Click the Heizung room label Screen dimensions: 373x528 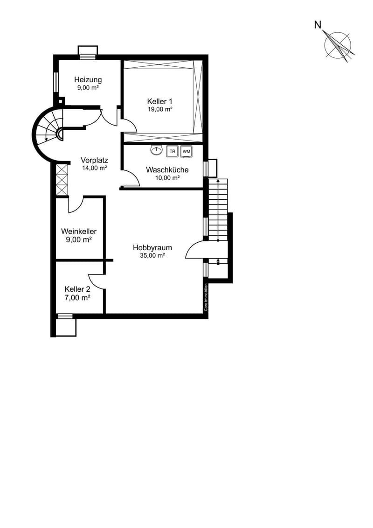pos(88,80)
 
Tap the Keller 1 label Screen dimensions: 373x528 pos(160,101)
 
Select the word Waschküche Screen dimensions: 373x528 pos(167,170)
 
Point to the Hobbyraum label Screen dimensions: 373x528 pos(152,247)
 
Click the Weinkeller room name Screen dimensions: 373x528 pos(79,232)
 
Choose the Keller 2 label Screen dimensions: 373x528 pos(77,289)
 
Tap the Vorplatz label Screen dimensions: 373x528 pos(95,160)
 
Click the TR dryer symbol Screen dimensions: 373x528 pos(173,151)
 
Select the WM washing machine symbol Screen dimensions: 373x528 pos(186,151)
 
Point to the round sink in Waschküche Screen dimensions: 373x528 pos(156,150)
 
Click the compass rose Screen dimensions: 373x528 pos(338,45)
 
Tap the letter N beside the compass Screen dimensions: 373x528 pos(318,25)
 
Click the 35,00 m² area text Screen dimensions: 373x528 pos(152,255)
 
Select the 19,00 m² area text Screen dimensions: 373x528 pos(160,109)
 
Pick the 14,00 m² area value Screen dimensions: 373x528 pos(95,168)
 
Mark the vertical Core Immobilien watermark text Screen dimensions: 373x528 pos(206,297)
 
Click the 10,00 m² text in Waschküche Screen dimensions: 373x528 pos(167,178)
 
